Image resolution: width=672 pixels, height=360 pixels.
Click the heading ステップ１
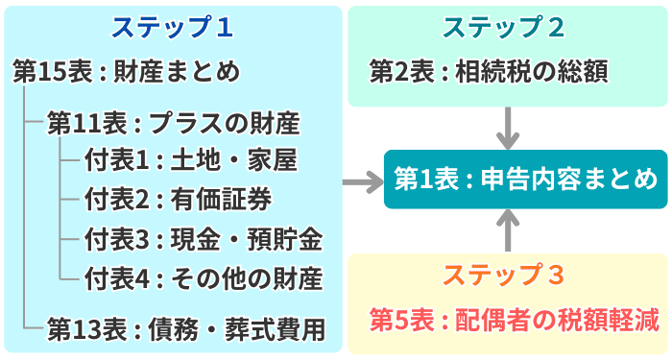click(x=172, y=28)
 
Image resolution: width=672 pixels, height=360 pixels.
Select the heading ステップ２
click(x=504, y=28)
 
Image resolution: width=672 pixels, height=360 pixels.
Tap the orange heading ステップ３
click(x=504, y=275)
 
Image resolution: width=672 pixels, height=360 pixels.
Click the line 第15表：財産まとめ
click(x=127, y=72)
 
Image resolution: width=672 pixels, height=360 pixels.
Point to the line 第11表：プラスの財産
click(x=174, y=124)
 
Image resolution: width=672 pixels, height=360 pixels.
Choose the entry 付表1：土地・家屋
click(x=191, y=161)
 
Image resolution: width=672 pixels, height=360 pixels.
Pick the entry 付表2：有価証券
click(x=179, y=200)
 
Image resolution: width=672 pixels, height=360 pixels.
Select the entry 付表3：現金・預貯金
click(x=204, y=239)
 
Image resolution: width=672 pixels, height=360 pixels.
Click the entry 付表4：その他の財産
click(x=204, y=278)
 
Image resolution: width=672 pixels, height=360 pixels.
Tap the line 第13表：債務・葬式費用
click(x=186, y=329)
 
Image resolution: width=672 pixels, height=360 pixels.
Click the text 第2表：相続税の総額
click(x=489, y=72)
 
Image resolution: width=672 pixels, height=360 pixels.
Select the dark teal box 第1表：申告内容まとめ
click(x=525, y=180)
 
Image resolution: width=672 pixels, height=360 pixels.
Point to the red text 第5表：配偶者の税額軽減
click(x=515, y=320)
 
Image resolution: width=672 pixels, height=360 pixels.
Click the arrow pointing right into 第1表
click(x=363, y=181)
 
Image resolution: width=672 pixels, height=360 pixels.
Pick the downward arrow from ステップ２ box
click(x=508, y=128)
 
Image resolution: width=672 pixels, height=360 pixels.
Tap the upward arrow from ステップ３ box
click(x=508, y=230)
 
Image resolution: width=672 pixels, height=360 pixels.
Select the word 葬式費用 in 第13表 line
click(x=275, y=329)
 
